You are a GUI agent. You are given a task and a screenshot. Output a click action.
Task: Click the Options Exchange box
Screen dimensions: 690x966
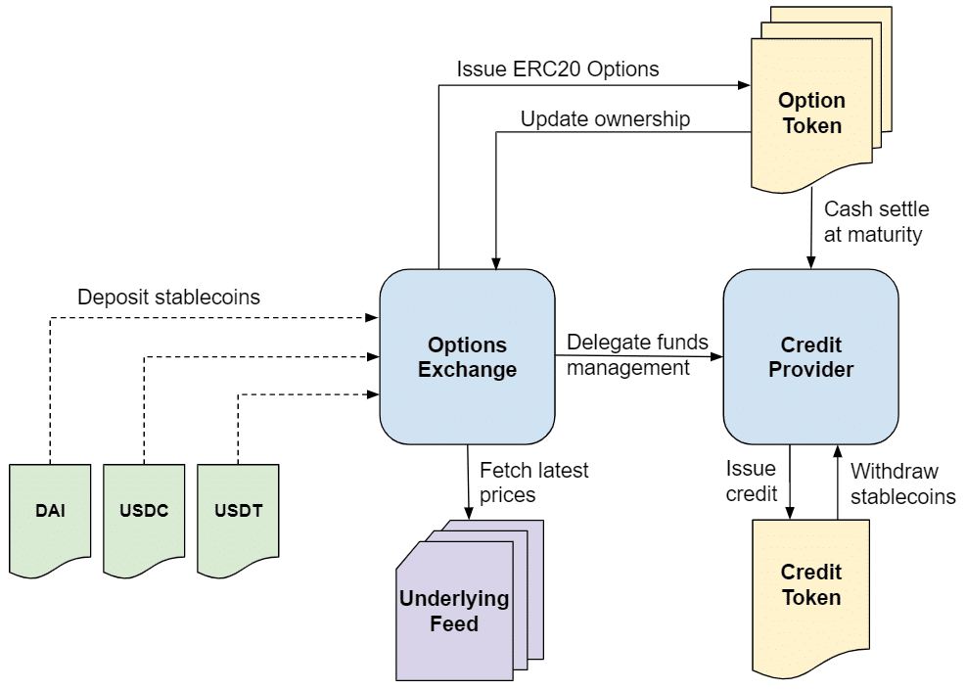(x=467, y=357)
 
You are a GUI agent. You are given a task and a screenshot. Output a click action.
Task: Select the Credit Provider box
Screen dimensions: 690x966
(x=810, y=357)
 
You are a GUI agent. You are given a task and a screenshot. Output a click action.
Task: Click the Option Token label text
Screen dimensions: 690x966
(x=810, y=113)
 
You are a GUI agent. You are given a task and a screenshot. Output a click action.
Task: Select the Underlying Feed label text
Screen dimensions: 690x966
(x=454, y=611)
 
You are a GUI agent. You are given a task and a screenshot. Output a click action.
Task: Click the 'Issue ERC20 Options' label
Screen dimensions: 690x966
(x=558, y=69)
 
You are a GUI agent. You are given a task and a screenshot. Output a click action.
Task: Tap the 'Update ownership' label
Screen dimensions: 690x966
(x=605, y=119)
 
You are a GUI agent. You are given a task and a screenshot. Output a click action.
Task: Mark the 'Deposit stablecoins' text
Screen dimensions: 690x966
(x=169, y=297)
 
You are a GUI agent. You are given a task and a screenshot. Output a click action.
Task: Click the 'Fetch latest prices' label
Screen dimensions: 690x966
(x=533, y=483)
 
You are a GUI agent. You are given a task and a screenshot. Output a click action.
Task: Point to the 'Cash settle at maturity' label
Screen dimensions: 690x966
(x=876, y=222)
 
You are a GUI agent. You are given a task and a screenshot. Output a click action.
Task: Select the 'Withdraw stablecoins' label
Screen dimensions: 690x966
(x=902, y=483)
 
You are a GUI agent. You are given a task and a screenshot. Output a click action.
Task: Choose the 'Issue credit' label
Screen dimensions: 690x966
(x=752, y=482)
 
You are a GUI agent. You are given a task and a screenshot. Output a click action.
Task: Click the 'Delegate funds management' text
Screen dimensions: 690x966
(x=637, y=355)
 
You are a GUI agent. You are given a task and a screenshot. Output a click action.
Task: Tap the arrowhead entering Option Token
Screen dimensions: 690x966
(x=744, y=86)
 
